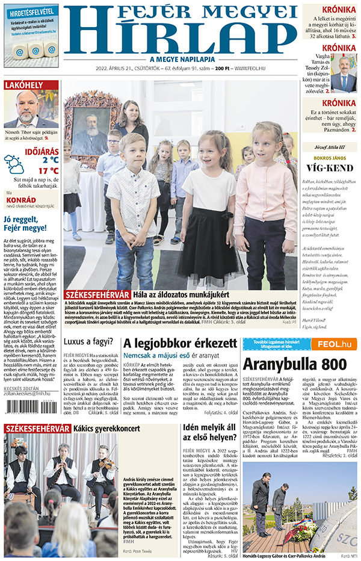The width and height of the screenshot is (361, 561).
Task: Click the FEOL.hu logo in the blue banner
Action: (334, 344)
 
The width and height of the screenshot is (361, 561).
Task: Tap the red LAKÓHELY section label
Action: (23, 85)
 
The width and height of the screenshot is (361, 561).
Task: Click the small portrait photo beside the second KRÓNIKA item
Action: (344, 73)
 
